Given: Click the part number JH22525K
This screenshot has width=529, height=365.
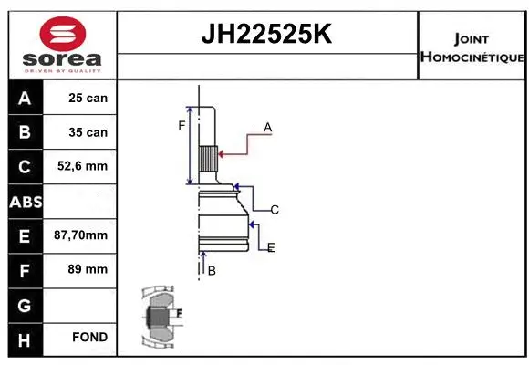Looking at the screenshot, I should point(266,35).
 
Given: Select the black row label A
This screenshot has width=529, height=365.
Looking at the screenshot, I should point(24,98).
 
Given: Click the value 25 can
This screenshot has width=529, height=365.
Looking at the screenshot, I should point(88,98).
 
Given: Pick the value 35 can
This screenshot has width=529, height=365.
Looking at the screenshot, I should point(88,132).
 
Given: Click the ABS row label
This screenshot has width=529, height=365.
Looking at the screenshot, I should point(24,201).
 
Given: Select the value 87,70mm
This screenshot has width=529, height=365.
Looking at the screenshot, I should point(81,235).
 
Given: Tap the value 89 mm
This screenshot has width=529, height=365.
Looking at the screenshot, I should point(88,269).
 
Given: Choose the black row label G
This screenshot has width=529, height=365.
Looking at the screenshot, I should point(24,304).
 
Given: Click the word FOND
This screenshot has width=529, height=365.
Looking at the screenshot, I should point(89,338).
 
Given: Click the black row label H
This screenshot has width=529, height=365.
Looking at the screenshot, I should point(24,338).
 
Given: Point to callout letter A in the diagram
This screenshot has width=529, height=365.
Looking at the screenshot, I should point(267,128).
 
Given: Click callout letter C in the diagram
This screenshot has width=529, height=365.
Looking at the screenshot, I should point(274,210).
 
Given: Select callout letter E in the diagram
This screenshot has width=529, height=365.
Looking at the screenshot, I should point(271,247).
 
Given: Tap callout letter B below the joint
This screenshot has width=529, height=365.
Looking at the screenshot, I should point(211,271).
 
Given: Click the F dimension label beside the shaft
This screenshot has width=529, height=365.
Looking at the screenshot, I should point(182,125).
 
